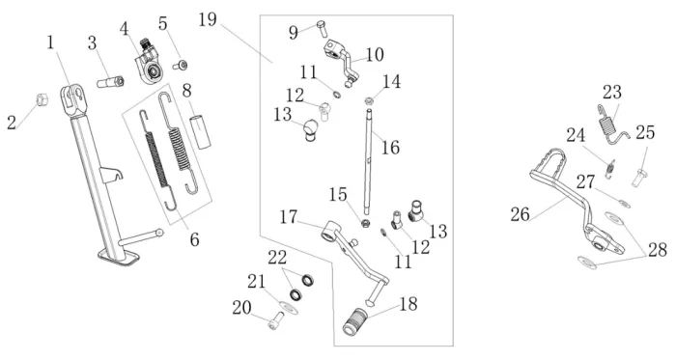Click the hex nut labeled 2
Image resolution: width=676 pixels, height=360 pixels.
click(x=42, y=99)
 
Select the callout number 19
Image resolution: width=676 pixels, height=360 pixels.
click(x=208, y=20)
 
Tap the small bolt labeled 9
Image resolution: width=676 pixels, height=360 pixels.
click(x=323, y=29)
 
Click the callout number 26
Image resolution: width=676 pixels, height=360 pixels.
click(x=520, y=213)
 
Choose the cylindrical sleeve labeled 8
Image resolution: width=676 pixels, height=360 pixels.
click(x=201, y=131)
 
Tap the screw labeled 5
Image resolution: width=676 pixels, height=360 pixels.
click(x=181, y=66)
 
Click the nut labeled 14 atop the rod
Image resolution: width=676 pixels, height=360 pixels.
click(x=369, y=101)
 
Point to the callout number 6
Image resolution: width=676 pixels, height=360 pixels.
click(x=195, y=239)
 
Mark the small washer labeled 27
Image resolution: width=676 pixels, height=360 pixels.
click(x=624, y=204)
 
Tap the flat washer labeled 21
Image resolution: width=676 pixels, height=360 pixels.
click(x=289, y=308)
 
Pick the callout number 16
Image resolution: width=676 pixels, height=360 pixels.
click(x=390, y=148)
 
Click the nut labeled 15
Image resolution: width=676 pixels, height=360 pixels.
click(x=366, y=224)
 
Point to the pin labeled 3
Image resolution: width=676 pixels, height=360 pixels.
click(x=110, y=81)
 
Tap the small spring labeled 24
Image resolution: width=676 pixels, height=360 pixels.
click(x=608, y=168)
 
